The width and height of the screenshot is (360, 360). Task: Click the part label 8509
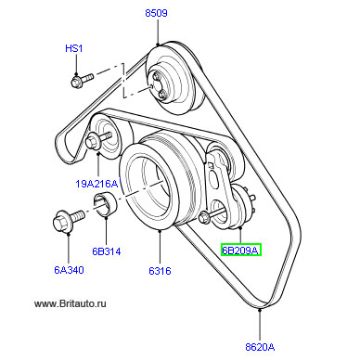pyautogui.click(x=156, y=13)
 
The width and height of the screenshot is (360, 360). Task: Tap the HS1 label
pyautogui.click(x=74, y=48)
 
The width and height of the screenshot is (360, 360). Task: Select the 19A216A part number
pyautogui.click(x=96, y=184)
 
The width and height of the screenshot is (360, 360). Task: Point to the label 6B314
pyautogui.click(x=107, y=251)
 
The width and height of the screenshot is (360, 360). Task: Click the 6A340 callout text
pyautogui.click(x=69, y=270)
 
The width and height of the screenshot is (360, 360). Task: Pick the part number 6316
pyautogui.click(x=160, y=271)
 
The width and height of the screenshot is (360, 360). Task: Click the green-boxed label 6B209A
pyautogui.click(x=241, y=250)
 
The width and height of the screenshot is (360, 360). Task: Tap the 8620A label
pyautogui.click(x=260, y=347)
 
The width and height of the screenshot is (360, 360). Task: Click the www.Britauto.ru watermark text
pyautogui.click(x=71, y=303)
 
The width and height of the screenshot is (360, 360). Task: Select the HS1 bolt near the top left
pyautogui.click(x=82, y=80)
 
